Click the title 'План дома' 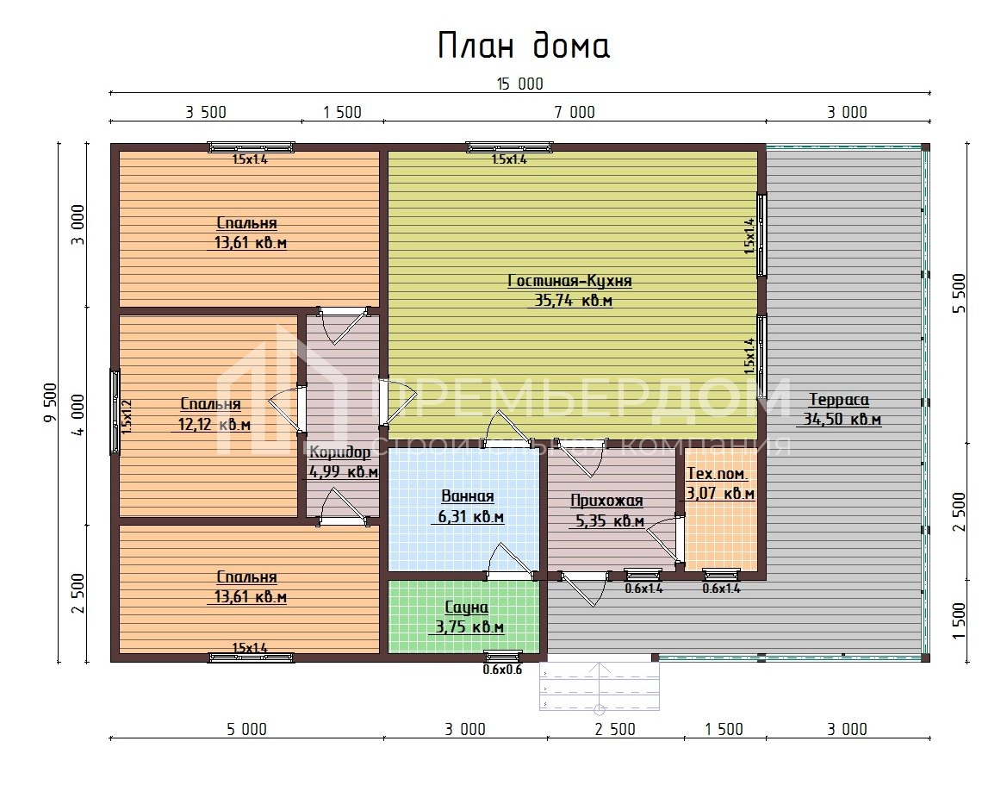click(524, 46)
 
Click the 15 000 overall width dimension click(519, 84)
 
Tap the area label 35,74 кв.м click(569, 301)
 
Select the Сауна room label click(466, 607)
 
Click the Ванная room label click(468, 496)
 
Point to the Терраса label click(839, 400)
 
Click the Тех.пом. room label click(717, 475)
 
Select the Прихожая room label click(606, 502)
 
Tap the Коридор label click(340, 453)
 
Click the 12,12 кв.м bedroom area click(214, 424)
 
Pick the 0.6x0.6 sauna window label click(502, 670)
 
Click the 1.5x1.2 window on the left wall click(115, 411)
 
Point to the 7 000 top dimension click(574, 112)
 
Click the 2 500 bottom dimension click(615, 729)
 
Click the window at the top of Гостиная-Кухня click(509, 147)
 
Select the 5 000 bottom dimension click(246, 729)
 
